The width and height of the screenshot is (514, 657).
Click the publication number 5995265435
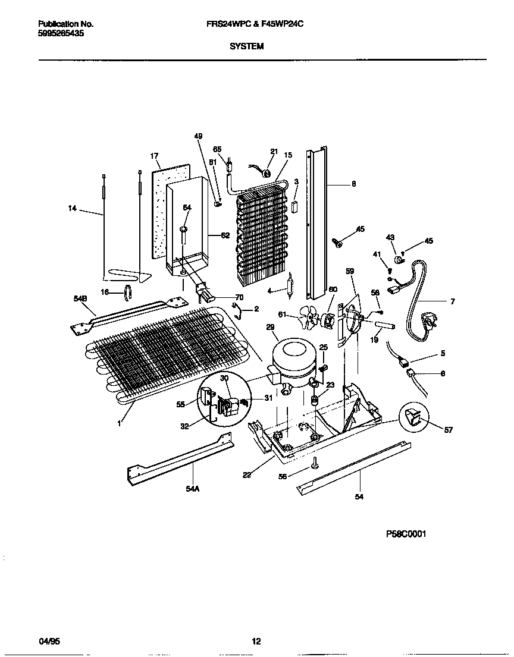[x=61, y=34]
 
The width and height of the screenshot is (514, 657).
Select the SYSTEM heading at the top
[x=246, y=46]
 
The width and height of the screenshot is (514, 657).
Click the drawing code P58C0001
[x=406, y=533]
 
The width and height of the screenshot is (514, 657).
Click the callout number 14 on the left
[x=72, y=208]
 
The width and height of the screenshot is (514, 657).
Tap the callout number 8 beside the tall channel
[x=353, y=184]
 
